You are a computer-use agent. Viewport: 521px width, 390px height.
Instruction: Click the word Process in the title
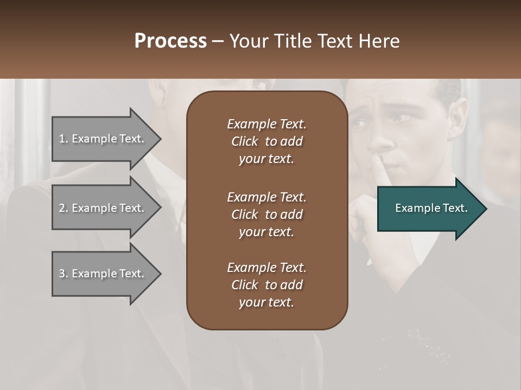coord(170,41)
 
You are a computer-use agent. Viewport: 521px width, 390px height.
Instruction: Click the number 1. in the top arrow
coord(63,139)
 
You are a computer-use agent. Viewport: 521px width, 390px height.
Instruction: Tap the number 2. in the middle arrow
coord(63,208)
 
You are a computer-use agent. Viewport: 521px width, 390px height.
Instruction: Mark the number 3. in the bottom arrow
coord(63,274)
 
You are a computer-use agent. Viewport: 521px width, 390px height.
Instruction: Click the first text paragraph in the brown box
coord(266,141)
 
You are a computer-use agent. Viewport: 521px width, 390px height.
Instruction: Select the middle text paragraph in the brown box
coord(266,214)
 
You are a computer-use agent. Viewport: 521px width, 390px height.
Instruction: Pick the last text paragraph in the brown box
coord(266,285)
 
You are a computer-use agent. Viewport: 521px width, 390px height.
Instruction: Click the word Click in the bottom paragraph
coord(245,285)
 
